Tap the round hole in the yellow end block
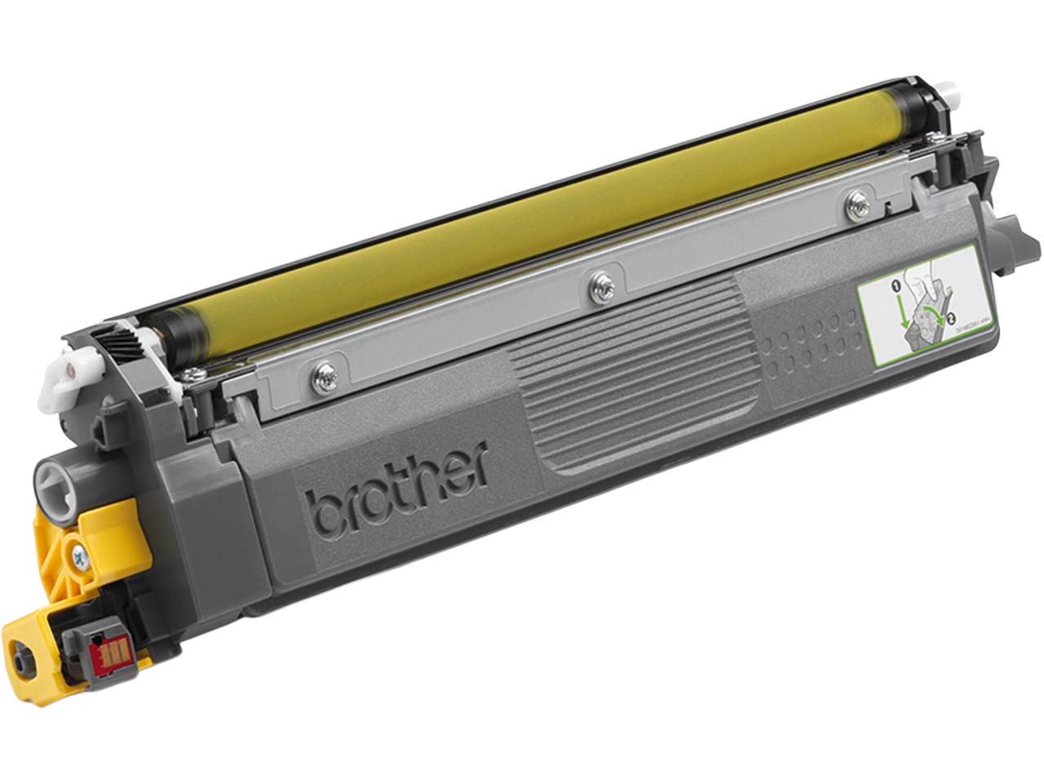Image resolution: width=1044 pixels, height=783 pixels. coord(20,652)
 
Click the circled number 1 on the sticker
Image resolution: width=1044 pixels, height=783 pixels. coord(895,287)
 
